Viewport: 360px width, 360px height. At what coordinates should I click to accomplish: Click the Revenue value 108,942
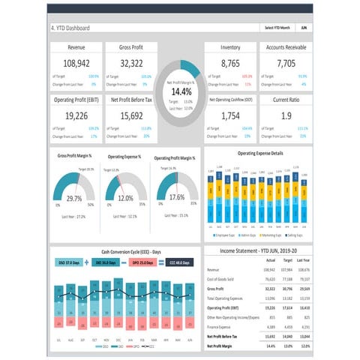(77, 64)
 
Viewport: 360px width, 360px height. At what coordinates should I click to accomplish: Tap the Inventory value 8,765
(231, 64)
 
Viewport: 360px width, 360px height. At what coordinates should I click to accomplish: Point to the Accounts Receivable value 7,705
(286, 64)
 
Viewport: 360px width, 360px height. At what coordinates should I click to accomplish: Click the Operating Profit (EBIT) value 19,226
(77, 116)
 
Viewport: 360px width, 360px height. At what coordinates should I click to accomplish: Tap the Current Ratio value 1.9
(286, 116)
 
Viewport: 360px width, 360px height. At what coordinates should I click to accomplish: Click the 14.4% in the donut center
(181, 91)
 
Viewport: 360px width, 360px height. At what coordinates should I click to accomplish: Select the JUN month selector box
(303, 28)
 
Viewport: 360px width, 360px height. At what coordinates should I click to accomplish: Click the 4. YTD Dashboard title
(70, 28)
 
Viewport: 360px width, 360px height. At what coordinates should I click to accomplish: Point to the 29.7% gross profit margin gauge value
(74, 199)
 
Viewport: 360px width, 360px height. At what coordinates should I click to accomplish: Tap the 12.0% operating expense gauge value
(124, 198)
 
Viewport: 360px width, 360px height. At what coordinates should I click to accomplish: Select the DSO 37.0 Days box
(70, 263)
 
